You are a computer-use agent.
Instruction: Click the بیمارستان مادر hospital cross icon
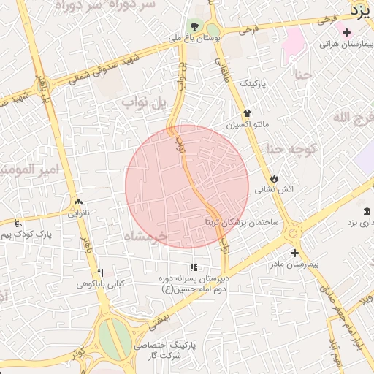(294, 252)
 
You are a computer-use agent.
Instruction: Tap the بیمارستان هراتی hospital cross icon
(346, 32)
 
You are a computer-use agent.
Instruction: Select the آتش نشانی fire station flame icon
(273, 178)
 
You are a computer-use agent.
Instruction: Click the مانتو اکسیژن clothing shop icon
(248, 113)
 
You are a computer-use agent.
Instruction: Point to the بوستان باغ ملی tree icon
(194, 26)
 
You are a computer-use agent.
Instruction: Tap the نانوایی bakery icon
(78, 202)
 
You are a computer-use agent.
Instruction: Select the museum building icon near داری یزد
(366, 211)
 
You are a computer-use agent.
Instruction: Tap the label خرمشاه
(145, 237)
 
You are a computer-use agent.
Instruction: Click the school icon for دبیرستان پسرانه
(193, 268)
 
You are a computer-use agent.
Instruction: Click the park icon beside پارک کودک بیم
(18, 223)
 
